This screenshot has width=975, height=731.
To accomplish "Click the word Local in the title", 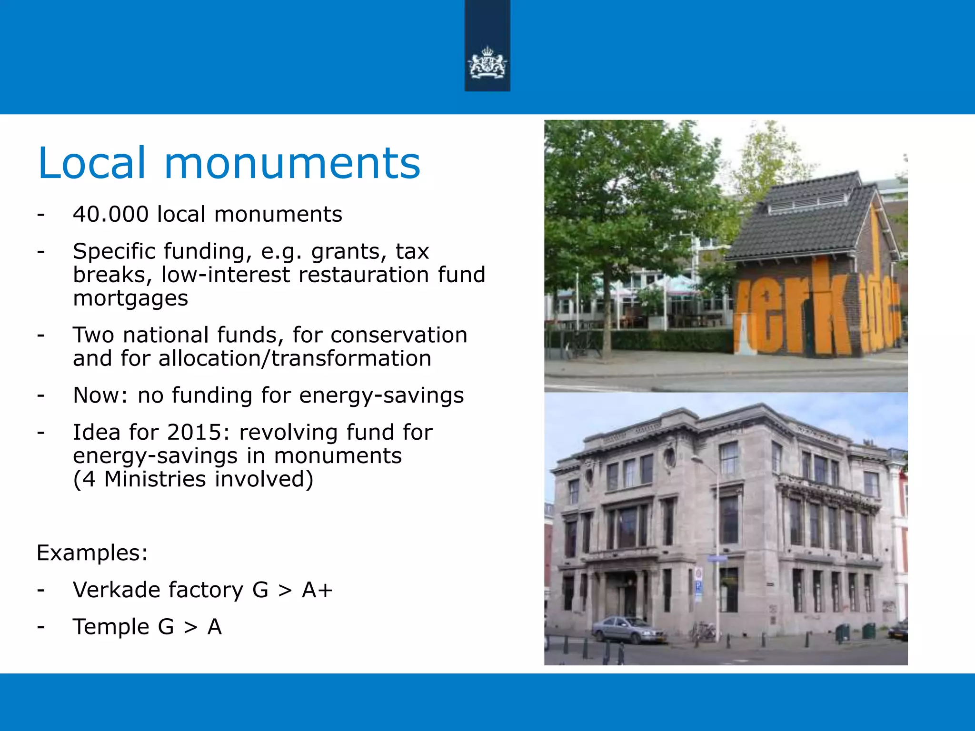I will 91,163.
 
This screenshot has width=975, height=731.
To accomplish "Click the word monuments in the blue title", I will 292,163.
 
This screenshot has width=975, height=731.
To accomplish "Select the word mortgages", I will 130,298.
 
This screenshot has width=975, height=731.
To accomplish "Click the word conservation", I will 399,335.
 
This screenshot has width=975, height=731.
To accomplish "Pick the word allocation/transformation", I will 295,358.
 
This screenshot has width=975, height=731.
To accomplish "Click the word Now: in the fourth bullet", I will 100,395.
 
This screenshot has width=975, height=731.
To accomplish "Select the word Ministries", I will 155,479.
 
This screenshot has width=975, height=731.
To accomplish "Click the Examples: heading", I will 92,553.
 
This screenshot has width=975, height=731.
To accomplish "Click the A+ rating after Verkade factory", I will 317,590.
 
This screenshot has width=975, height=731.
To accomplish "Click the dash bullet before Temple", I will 41,627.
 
